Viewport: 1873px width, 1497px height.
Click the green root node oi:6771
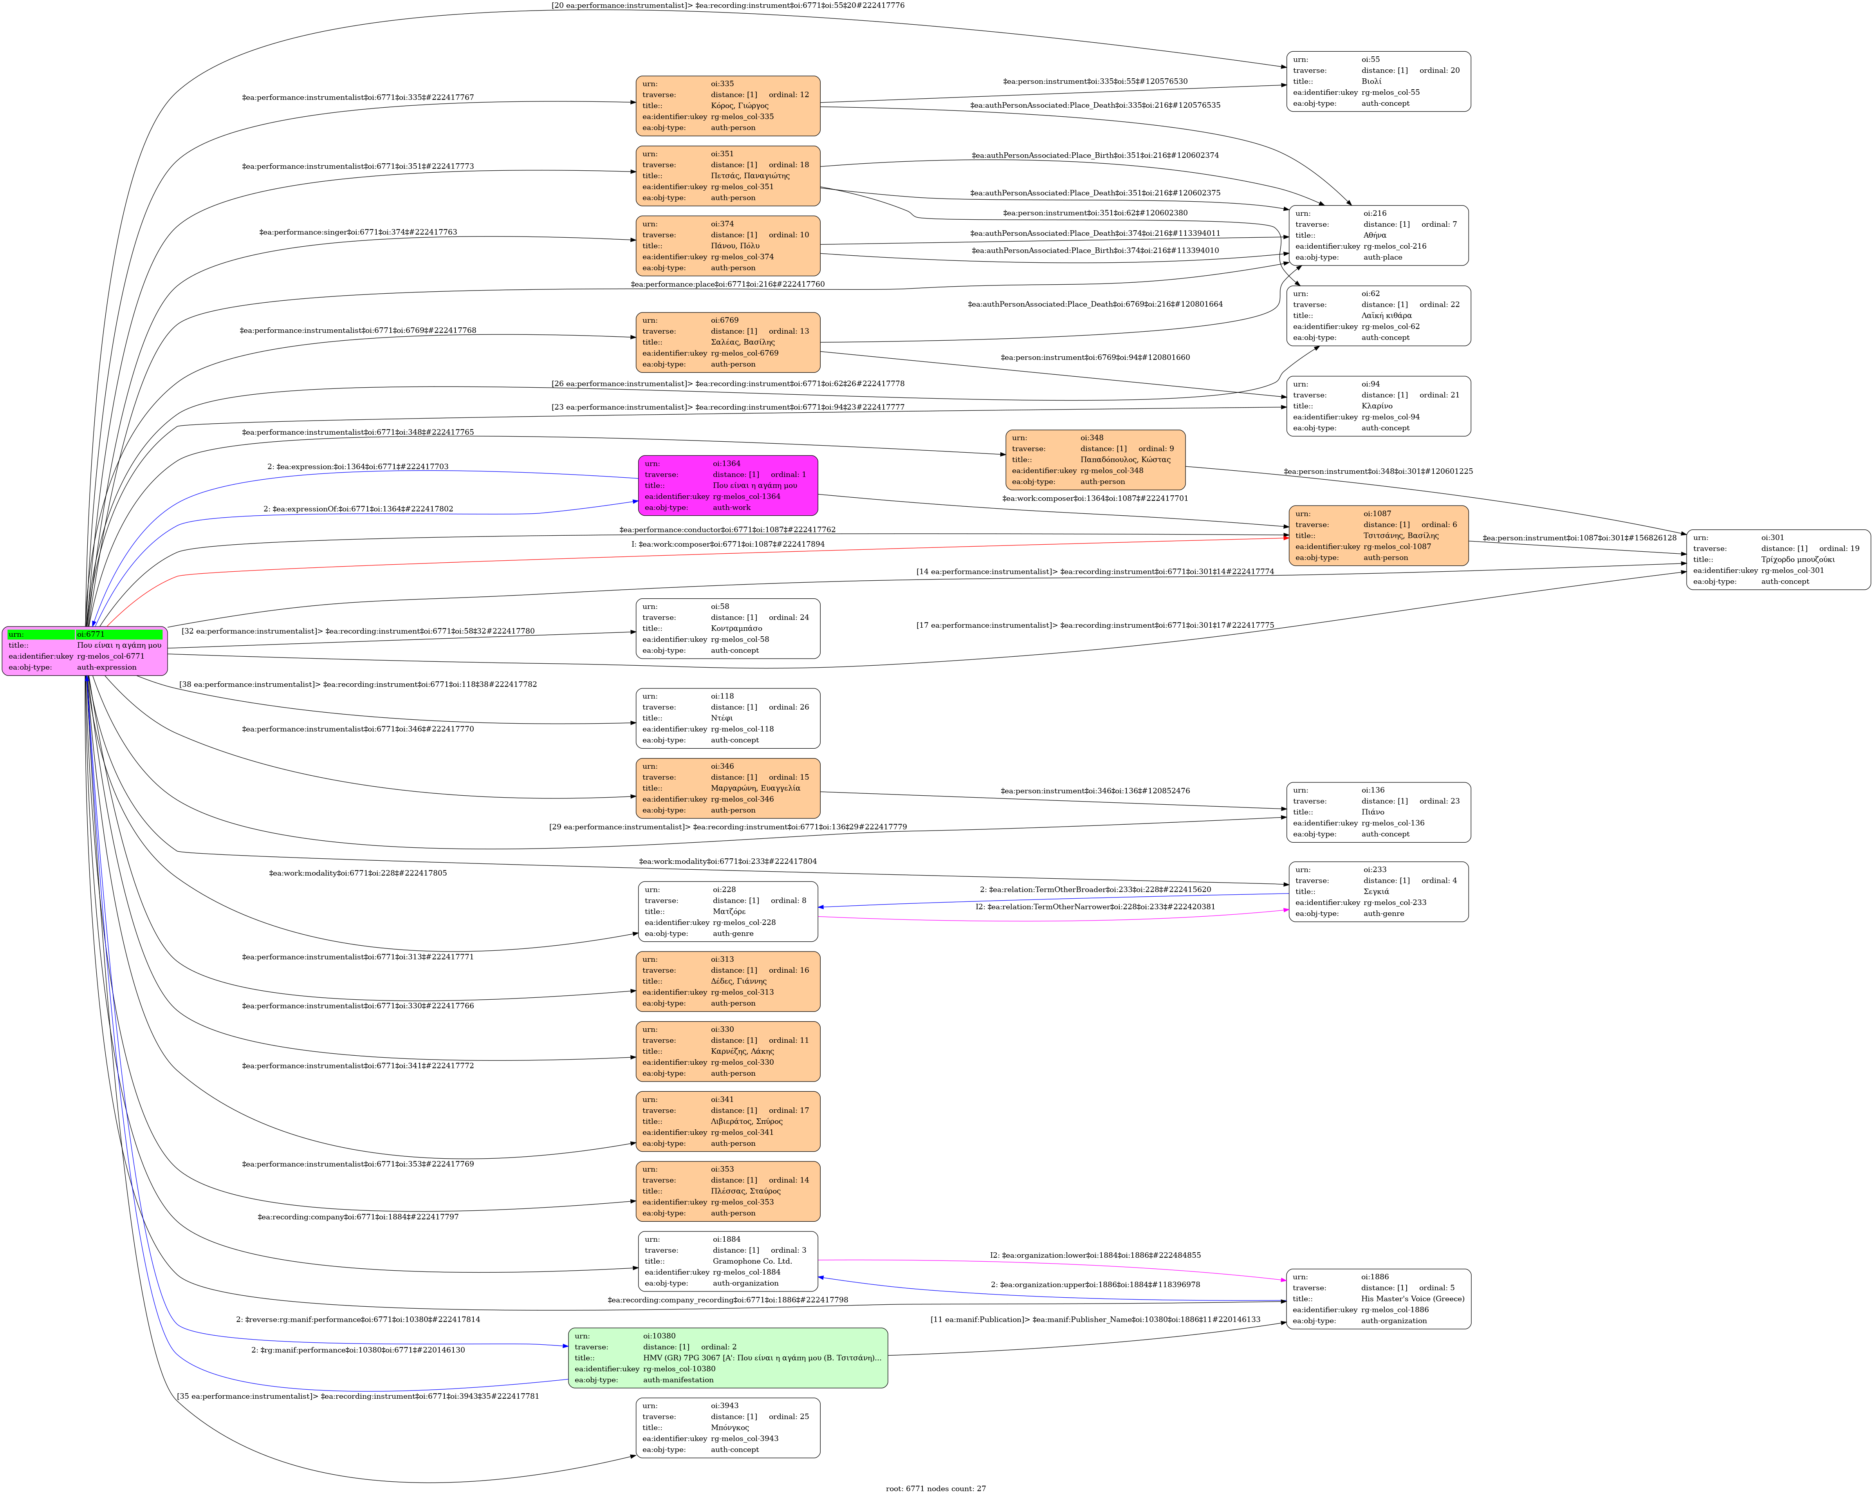(x=84, y=651)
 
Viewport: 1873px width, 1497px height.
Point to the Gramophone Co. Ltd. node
(x=728, y=1260)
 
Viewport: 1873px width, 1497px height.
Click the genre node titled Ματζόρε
(x=728, y=912)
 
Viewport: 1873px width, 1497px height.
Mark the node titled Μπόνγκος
(x=728, y=1427)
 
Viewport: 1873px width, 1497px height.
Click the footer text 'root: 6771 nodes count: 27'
(x=936, y=1488)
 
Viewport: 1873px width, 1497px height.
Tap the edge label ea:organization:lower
(x=1095, y=1255)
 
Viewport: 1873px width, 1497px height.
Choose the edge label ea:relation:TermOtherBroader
(x=1095, y=890)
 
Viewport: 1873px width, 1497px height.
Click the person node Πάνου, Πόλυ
(x=728, y=246)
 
